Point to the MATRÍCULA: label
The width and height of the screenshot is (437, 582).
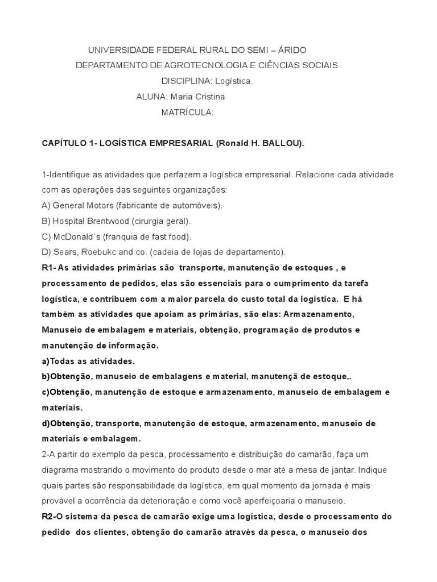188,113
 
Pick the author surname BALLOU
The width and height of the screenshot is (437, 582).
283,144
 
